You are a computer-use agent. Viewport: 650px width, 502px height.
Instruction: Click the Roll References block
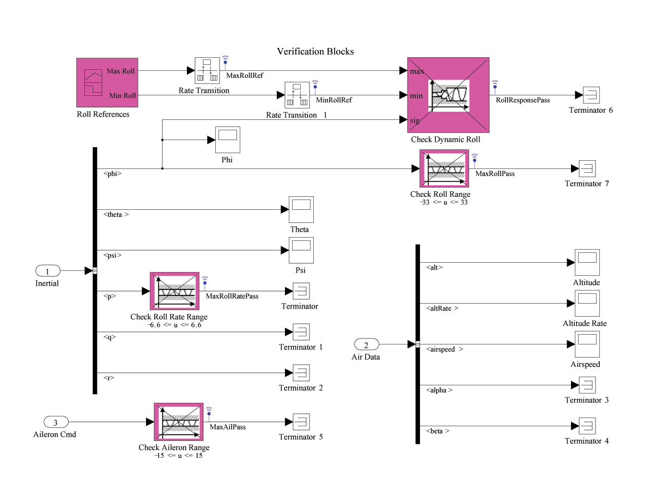(x=107, y=83)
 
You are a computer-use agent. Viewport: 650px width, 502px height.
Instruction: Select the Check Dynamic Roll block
(x=448, y=95)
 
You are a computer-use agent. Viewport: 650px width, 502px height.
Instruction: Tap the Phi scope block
(x=227, y=140)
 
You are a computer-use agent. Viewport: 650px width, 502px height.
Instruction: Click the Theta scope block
(x=301, y=209)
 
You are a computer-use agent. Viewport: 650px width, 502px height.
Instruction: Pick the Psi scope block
(x=301, y=250)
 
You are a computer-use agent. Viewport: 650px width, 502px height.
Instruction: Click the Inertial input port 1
(x=47, y=271)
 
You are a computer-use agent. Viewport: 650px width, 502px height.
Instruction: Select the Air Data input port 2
(x=366, y=344)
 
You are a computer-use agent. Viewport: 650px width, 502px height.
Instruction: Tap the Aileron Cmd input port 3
(x=55, y=422)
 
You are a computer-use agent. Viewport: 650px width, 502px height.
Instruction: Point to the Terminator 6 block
(x=591, y=95)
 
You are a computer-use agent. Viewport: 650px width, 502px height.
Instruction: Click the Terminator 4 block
(x=587, y=426)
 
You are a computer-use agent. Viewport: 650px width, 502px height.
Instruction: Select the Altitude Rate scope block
(x=587, y=303)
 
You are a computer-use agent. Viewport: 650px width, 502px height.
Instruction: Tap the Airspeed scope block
(x=587, y=344)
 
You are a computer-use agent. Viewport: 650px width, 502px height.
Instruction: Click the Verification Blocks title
(x=315, y=52)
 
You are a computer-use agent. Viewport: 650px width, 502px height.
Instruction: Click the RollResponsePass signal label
(x=523, y=100)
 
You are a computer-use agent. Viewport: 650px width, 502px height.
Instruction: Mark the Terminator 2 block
(x=301, y=373)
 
